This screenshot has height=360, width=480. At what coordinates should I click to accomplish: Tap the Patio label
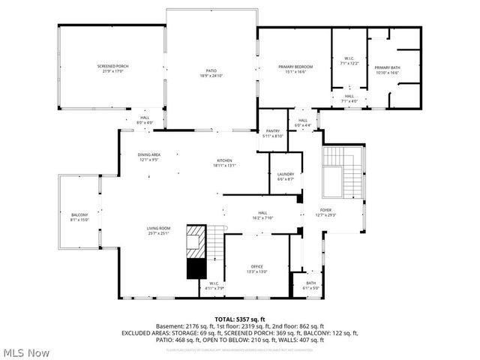(x=211, y=73)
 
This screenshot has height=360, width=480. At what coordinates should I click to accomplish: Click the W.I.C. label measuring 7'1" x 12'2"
(x=349, y=61)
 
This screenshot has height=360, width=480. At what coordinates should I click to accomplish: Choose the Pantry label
(x=273, y=133)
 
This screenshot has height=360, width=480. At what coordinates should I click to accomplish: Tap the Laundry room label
(x=285, y=176)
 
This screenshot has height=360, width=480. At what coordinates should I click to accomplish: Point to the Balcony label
(x=79, y=217)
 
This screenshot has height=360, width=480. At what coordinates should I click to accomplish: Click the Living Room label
(x=158, y=230)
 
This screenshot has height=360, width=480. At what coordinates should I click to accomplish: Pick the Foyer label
(x=325, y=212)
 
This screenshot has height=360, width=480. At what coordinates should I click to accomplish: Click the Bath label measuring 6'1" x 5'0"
(x=310, y=285)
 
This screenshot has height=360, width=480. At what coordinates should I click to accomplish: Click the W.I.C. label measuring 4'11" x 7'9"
(x=214, y=286)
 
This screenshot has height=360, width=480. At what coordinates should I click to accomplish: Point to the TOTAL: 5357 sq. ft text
(x=239, y=319)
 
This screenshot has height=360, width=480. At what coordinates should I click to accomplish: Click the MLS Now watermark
(x=27, y=352)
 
